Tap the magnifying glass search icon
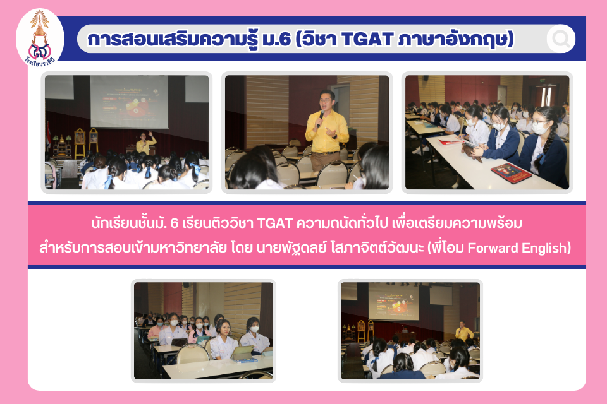pyautogui.click(x=561, y=39)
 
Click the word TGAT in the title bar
pyautogui.click(x=368, y=39)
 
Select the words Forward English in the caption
pyautogui.click(x=518, y=247)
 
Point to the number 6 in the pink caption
pyautogui.click(x=175, y=223)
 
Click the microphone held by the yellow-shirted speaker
pyautogui.click(x=320, y=118)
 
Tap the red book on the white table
pyautogui.click(x=511, y=172)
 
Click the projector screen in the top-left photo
pyautogui.click(x=129, y=101)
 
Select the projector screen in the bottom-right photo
pyautogui.click(x=394, y=301)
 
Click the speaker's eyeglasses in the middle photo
pyautogui.click(x=327, y=100)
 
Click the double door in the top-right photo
pyautogui.click(x=546, y=96)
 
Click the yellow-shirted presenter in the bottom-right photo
pyautogui.click(x=463, y=331)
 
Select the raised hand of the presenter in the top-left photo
pyautogui.click(x=150, y=134)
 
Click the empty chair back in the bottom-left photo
pyautogui.click(x=192, y=353)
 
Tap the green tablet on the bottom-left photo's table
pyautogui.click(x=242, y=352)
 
